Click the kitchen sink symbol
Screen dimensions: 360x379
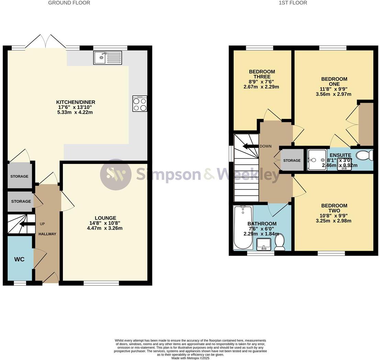click(x=107, y=58)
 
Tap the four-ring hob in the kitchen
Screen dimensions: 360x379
click(x=140, y=104)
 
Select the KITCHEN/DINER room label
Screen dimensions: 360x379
click(x=76, y=102)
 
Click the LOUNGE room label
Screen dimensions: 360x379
click(x=105, y=218)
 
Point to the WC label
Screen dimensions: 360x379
click(x=20, y=259)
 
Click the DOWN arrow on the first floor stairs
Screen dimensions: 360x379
click(x=250, y=146)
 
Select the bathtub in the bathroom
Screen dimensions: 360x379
click(x=243, y=228)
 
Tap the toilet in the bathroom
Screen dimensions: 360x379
click(x=279, y=241)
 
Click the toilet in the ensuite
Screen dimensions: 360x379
click(x=365, y=156)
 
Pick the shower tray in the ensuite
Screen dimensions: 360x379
click(x=317, y=160)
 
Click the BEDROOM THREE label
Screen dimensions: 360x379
click(x=262, y=74)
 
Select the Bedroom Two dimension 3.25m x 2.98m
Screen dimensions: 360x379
click(x=334, y=221)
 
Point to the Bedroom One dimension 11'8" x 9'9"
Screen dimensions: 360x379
click(x=334, y=89)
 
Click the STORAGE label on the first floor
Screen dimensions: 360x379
click(x=292, y=160)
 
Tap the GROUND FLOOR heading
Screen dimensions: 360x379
click(x=69, y=3)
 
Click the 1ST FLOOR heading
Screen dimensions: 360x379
click(x=292, y=3)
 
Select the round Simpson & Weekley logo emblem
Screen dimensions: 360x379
click(x=116, y=175)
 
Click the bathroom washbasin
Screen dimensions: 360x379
click(x=264, y=245)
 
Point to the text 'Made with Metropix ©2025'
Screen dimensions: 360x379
click(x=190, y=358)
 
